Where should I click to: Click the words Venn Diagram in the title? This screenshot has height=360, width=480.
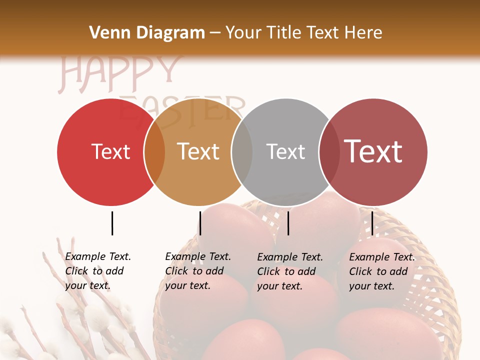tap(147, 33)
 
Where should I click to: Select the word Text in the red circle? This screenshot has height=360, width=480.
tap(110, 152)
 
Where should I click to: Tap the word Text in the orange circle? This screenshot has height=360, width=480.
tap(198, 151)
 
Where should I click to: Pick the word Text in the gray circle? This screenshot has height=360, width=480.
tap(285, 151)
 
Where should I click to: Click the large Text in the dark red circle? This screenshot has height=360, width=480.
tap(373, 151)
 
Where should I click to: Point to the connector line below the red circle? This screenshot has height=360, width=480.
tap(112, 223)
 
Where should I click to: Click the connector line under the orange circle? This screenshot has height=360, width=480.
tap(200, 223)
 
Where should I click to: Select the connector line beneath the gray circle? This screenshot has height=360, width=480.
tap(288, 223)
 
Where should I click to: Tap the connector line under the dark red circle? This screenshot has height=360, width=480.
tap(372, 223)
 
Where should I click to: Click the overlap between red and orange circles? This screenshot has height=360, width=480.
tap(154, 152)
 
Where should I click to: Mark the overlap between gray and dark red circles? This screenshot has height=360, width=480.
tap(329, 152)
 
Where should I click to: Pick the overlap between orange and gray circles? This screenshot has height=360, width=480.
tap(242, 152)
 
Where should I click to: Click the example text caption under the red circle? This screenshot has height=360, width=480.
tap(98, 271)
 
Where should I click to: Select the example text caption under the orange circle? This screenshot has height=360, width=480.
tap(198, 271)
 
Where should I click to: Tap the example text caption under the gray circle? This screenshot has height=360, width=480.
tap(290, 271)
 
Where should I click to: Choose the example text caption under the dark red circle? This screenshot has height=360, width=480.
tap(382, 271)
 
